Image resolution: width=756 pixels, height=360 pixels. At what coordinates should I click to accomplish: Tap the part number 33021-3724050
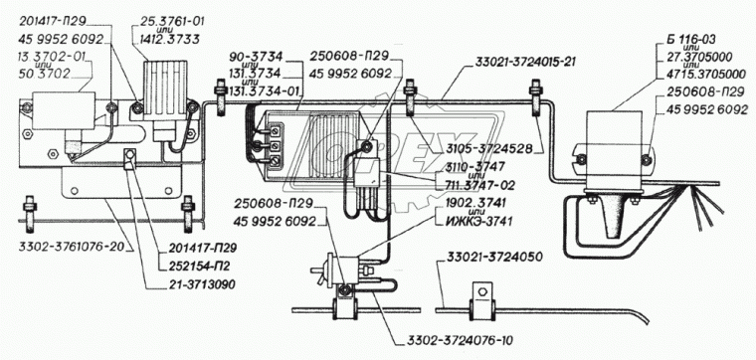(x=488, y=257)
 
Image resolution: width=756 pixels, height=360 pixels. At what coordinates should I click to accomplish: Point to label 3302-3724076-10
(x=457, y=340)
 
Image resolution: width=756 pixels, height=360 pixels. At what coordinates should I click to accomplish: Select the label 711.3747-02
(x=475, y=186)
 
